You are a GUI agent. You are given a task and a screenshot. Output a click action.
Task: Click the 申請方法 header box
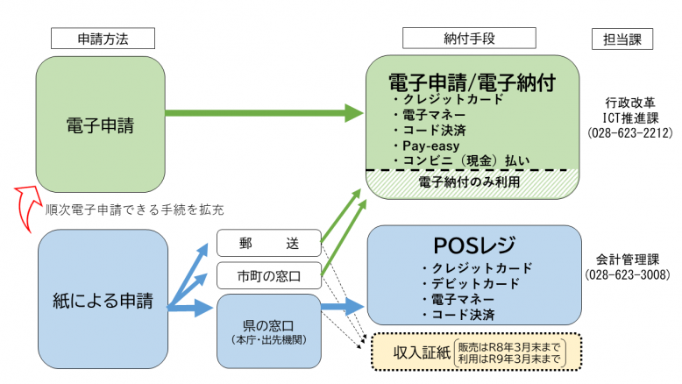point(103,38)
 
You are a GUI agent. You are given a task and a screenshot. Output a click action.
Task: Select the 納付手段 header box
point(468,38)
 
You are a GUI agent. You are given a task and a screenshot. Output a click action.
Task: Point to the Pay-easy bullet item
point(430,146)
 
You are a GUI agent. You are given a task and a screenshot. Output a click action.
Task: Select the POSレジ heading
point(474,245)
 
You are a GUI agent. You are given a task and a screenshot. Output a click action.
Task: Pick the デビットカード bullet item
point(470,283)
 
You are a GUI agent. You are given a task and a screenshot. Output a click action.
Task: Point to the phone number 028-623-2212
point(629,134)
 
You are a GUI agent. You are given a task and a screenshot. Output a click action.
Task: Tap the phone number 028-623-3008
point(629,274)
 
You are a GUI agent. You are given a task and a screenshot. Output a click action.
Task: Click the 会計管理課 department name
point(629,260)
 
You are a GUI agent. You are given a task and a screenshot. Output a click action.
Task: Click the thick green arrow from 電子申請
point(263,113)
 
